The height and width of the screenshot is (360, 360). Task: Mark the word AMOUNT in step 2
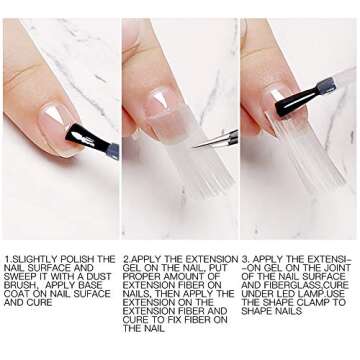point(183,276)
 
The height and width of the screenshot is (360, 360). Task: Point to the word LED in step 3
point(279,293)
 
